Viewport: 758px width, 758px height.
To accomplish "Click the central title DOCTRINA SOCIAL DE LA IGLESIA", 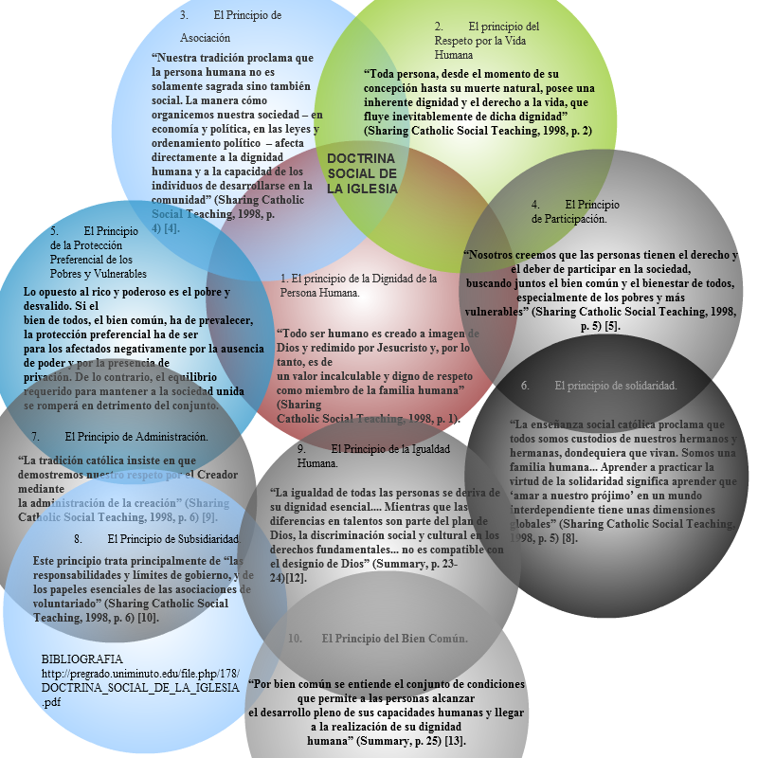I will (363, 173).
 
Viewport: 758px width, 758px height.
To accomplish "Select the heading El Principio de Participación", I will (575, 211).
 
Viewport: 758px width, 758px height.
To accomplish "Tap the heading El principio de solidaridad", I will (616, 386).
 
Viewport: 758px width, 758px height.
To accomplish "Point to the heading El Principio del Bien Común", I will (394, 639).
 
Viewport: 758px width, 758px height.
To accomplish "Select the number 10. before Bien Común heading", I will (296, 639).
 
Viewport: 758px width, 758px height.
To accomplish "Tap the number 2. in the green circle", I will (439, 27).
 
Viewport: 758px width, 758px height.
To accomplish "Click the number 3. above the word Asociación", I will (184, 15).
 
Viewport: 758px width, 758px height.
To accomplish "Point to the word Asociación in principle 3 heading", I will (206, 39).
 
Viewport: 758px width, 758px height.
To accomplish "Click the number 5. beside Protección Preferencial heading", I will (54, 230).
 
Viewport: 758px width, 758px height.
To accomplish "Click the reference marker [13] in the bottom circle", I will (457, 740).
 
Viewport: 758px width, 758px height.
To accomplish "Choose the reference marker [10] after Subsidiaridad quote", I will (148, 617).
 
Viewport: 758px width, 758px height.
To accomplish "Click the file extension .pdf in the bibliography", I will (53, 702).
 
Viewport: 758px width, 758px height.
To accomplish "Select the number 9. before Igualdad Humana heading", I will (300, 448).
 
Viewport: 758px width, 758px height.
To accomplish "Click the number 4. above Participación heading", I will (535, 204).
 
